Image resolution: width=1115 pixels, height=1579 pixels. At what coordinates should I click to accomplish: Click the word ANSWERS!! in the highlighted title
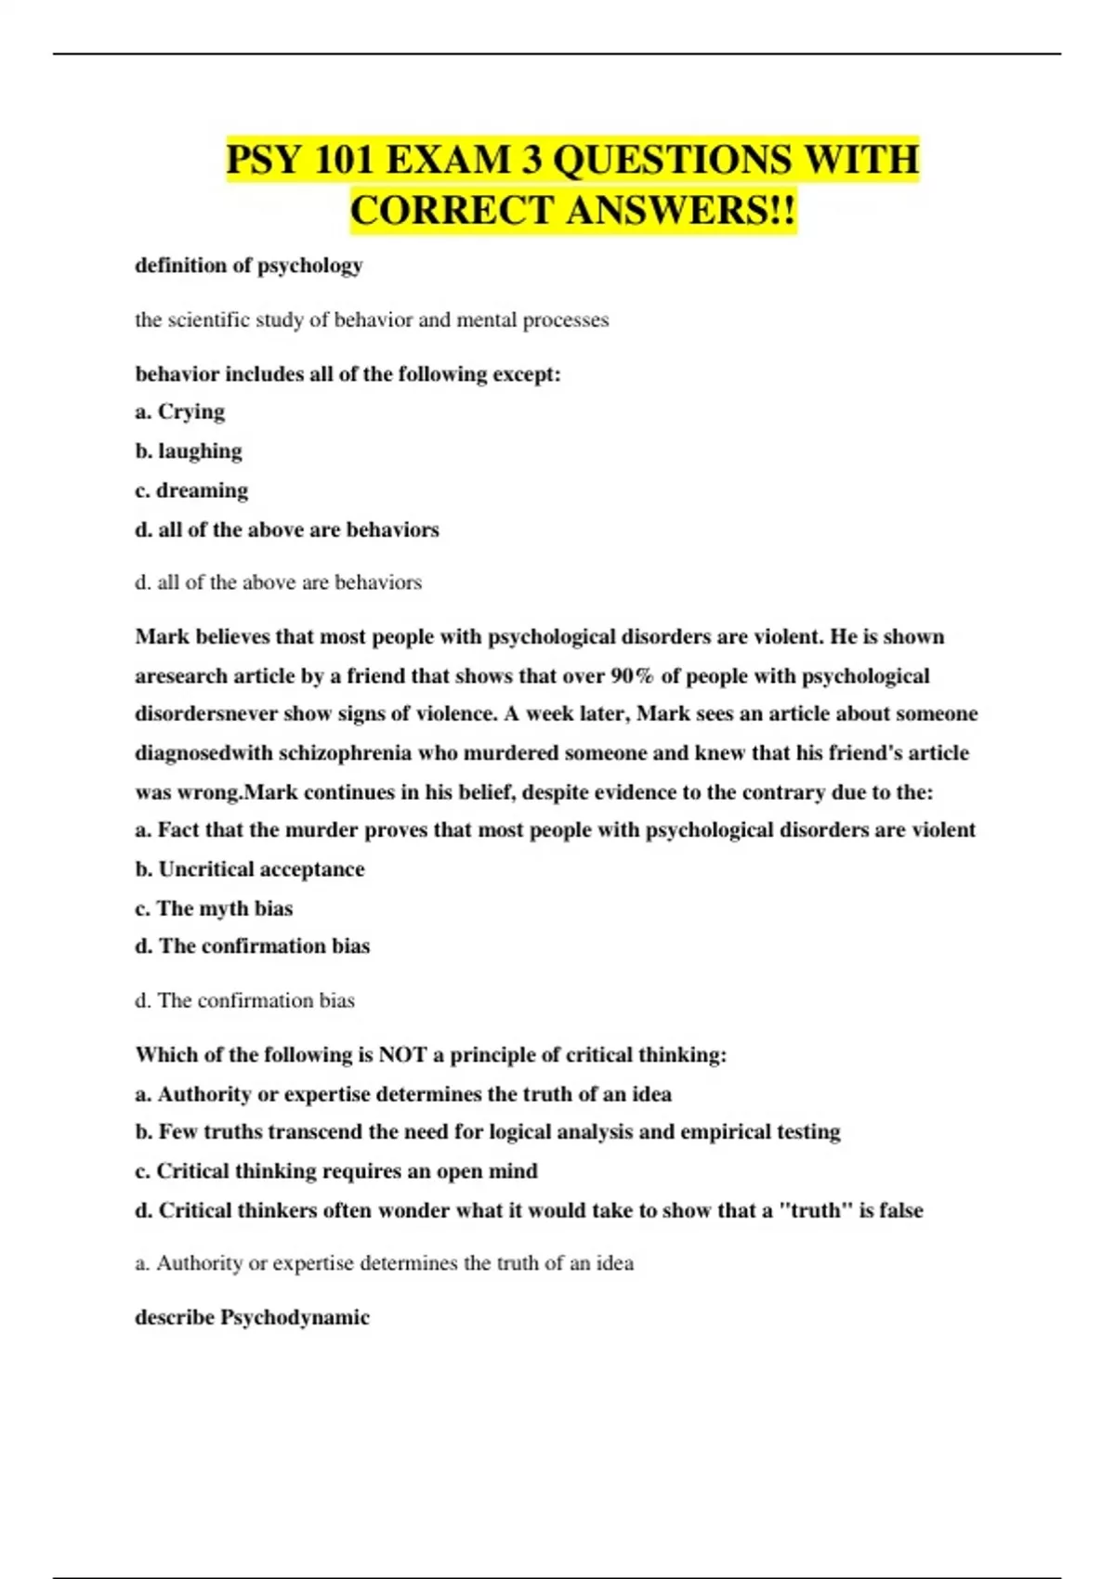coord(680,211)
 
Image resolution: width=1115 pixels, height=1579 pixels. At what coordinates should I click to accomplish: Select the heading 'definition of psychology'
coord(249,266)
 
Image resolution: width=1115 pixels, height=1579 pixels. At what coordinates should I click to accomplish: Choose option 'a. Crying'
coord(180,411)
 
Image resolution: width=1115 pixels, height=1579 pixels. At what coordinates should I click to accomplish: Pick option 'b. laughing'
coord(189,451)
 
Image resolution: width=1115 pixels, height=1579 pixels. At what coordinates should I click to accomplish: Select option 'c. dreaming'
coord(191,490)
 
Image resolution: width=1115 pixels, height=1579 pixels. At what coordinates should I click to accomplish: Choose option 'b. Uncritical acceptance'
coord(250,869)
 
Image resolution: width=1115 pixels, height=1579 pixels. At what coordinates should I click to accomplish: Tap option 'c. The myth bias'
coord(214,908)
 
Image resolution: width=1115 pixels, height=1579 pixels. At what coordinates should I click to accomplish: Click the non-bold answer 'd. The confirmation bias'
coord(245,1000)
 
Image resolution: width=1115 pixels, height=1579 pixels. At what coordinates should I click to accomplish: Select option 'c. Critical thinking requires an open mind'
coord(336,1171)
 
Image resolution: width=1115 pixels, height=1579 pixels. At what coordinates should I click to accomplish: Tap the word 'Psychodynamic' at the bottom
coord(295,1318)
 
